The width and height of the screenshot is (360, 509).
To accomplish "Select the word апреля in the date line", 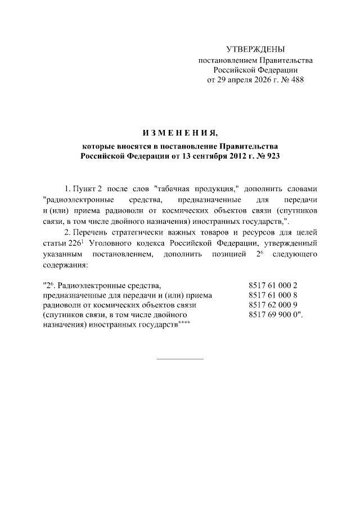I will pos(242,80).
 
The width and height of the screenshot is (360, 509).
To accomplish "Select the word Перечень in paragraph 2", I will pos(95,232).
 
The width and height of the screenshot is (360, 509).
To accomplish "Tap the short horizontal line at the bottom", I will pos(179,358).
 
